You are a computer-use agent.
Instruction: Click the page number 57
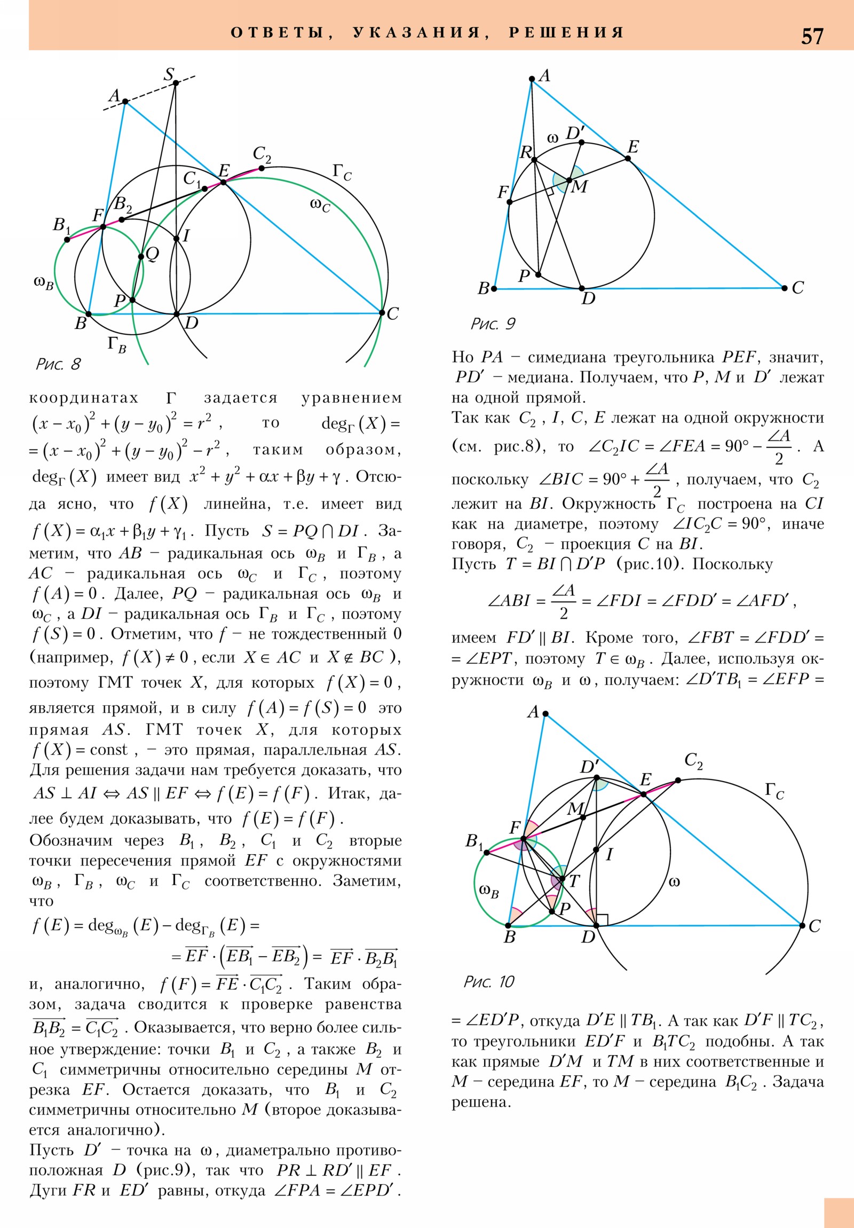point(812,36)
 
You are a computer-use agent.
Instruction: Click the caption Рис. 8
point(58,364)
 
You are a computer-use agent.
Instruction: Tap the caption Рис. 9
point(493,324)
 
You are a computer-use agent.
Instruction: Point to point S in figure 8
point(176,82)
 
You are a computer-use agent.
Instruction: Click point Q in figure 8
point(141,257)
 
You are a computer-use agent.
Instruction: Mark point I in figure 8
point(177,239)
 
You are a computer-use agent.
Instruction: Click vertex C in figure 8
point(382,312)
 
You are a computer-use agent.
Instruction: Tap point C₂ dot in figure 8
point(261,168)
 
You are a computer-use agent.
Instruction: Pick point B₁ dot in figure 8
point(67,240)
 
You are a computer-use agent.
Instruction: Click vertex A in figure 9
point(532,79)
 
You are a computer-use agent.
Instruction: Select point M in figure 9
point(569,181)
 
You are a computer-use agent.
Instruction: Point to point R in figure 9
point(534,160)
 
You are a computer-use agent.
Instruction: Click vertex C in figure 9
point(785,288)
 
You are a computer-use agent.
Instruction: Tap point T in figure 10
point(562,878)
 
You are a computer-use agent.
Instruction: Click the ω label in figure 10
point(675,881)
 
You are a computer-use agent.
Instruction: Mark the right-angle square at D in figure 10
point(602,920)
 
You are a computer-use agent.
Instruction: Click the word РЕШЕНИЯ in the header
point(566,32)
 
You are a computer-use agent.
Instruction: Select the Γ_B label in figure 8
point(117,343)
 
